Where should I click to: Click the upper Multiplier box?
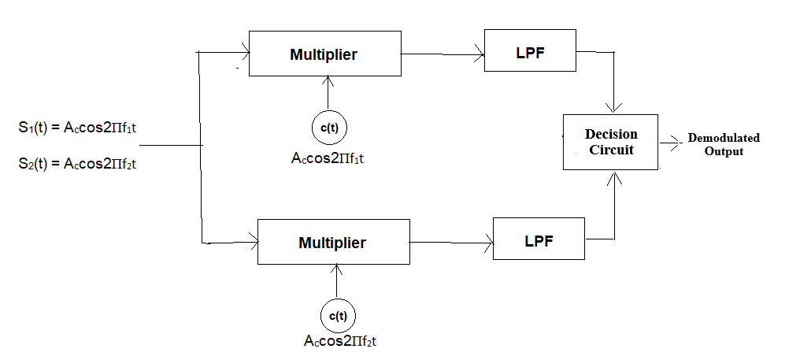coord(324,54)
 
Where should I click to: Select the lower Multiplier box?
coord(332,243)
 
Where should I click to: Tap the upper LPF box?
coord(530,50)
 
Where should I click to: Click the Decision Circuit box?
coord(610,142)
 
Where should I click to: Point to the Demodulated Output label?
coord(724,144)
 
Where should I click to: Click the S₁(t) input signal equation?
coord(78,126)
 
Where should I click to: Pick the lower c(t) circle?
coord(338,316)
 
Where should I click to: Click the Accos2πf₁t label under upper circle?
coord(331,158)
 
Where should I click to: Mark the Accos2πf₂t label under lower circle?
coord(344,342)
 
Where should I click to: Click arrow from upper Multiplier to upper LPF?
coord(443,55)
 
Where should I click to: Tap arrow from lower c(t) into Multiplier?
coord(338,282)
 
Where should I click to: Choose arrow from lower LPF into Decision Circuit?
coord(613,205)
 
